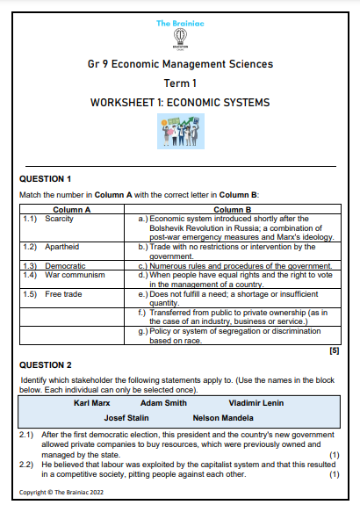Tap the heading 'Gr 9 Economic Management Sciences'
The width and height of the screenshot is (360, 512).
click(180, 64)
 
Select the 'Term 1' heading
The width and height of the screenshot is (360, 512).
click(180, 83)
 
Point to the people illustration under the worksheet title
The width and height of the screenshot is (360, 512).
click(180, 130)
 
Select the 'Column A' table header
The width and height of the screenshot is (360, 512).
click(72, 209)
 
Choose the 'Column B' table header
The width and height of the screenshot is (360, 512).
click(232, 209)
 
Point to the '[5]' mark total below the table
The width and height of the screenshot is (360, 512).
click(333, 350)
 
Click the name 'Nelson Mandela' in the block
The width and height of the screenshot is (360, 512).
click(223, 417)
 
